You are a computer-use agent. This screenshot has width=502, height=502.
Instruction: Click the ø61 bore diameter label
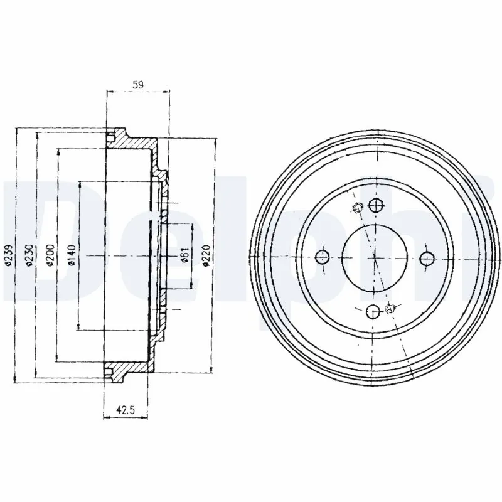pyautogui.click(x=185, y=255)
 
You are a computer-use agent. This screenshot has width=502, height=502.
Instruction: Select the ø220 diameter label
pyautogui.click(x=206, y=255)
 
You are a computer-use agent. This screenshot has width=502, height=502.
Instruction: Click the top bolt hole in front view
pyautogui.click(x=375, y=205)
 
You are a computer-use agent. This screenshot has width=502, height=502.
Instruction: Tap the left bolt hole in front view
pyautogui.click(x=322, y=255)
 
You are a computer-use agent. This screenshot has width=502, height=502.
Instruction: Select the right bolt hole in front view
pyautogui.click(x=427, y=256)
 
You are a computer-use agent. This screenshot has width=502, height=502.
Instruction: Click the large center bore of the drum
pyautogui.click(x=374, y=256)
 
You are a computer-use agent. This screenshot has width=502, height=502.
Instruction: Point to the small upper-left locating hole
pyautogui.click(x=357, y=208)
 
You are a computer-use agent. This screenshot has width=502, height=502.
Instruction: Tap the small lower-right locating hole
pyautogui.click(x=392, y=307)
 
